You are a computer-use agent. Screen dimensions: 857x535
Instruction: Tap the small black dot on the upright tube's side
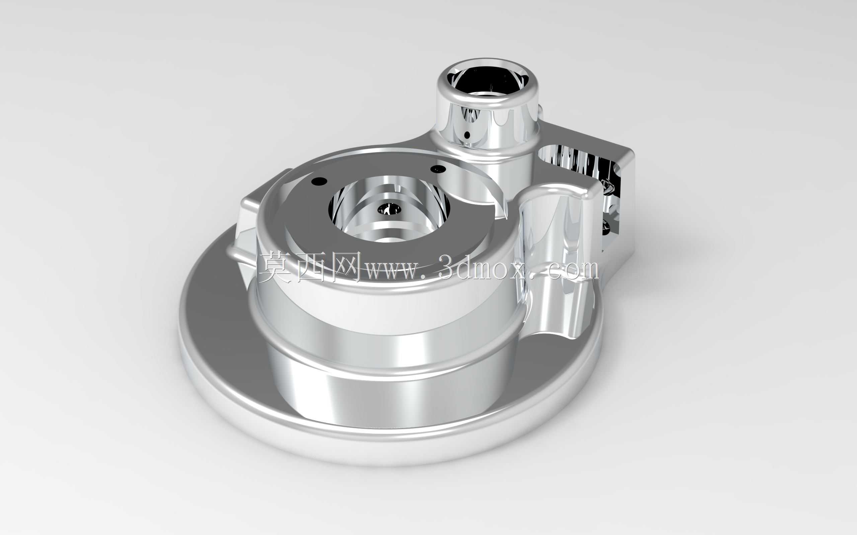467,135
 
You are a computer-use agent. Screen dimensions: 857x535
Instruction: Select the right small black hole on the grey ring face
438,169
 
